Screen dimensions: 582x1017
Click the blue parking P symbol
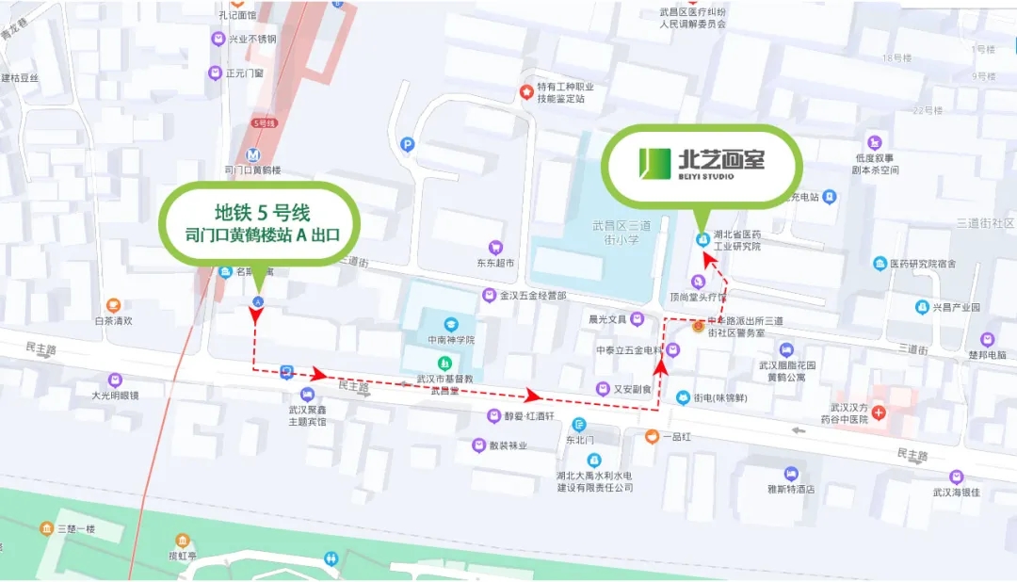click(x=407, y=144)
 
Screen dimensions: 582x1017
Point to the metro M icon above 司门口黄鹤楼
click(x=252, y=155)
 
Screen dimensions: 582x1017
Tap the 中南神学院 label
click(x=450, y=340)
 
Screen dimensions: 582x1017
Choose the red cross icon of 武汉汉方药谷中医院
click(x=879, y=413)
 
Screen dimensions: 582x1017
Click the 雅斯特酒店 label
click(x=790, y=490)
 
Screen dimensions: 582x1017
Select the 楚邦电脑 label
click(x=986, y=354)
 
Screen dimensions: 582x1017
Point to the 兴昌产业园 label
click(x=956, y=307)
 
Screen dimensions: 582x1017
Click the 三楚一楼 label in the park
click(x=75, y=529)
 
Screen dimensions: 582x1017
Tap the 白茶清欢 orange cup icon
click(x=113, y=305)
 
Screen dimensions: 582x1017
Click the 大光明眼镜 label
click(x=115, y=396)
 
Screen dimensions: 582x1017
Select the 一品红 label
click(x=674, y=437)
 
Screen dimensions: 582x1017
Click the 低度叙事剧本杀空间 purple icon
click(x=876, y=142)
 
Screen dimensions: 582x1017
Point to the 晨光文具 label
click(x=607, y=319)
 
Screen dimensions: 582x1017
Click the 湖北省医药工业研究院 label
click(x=736, y=240)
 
